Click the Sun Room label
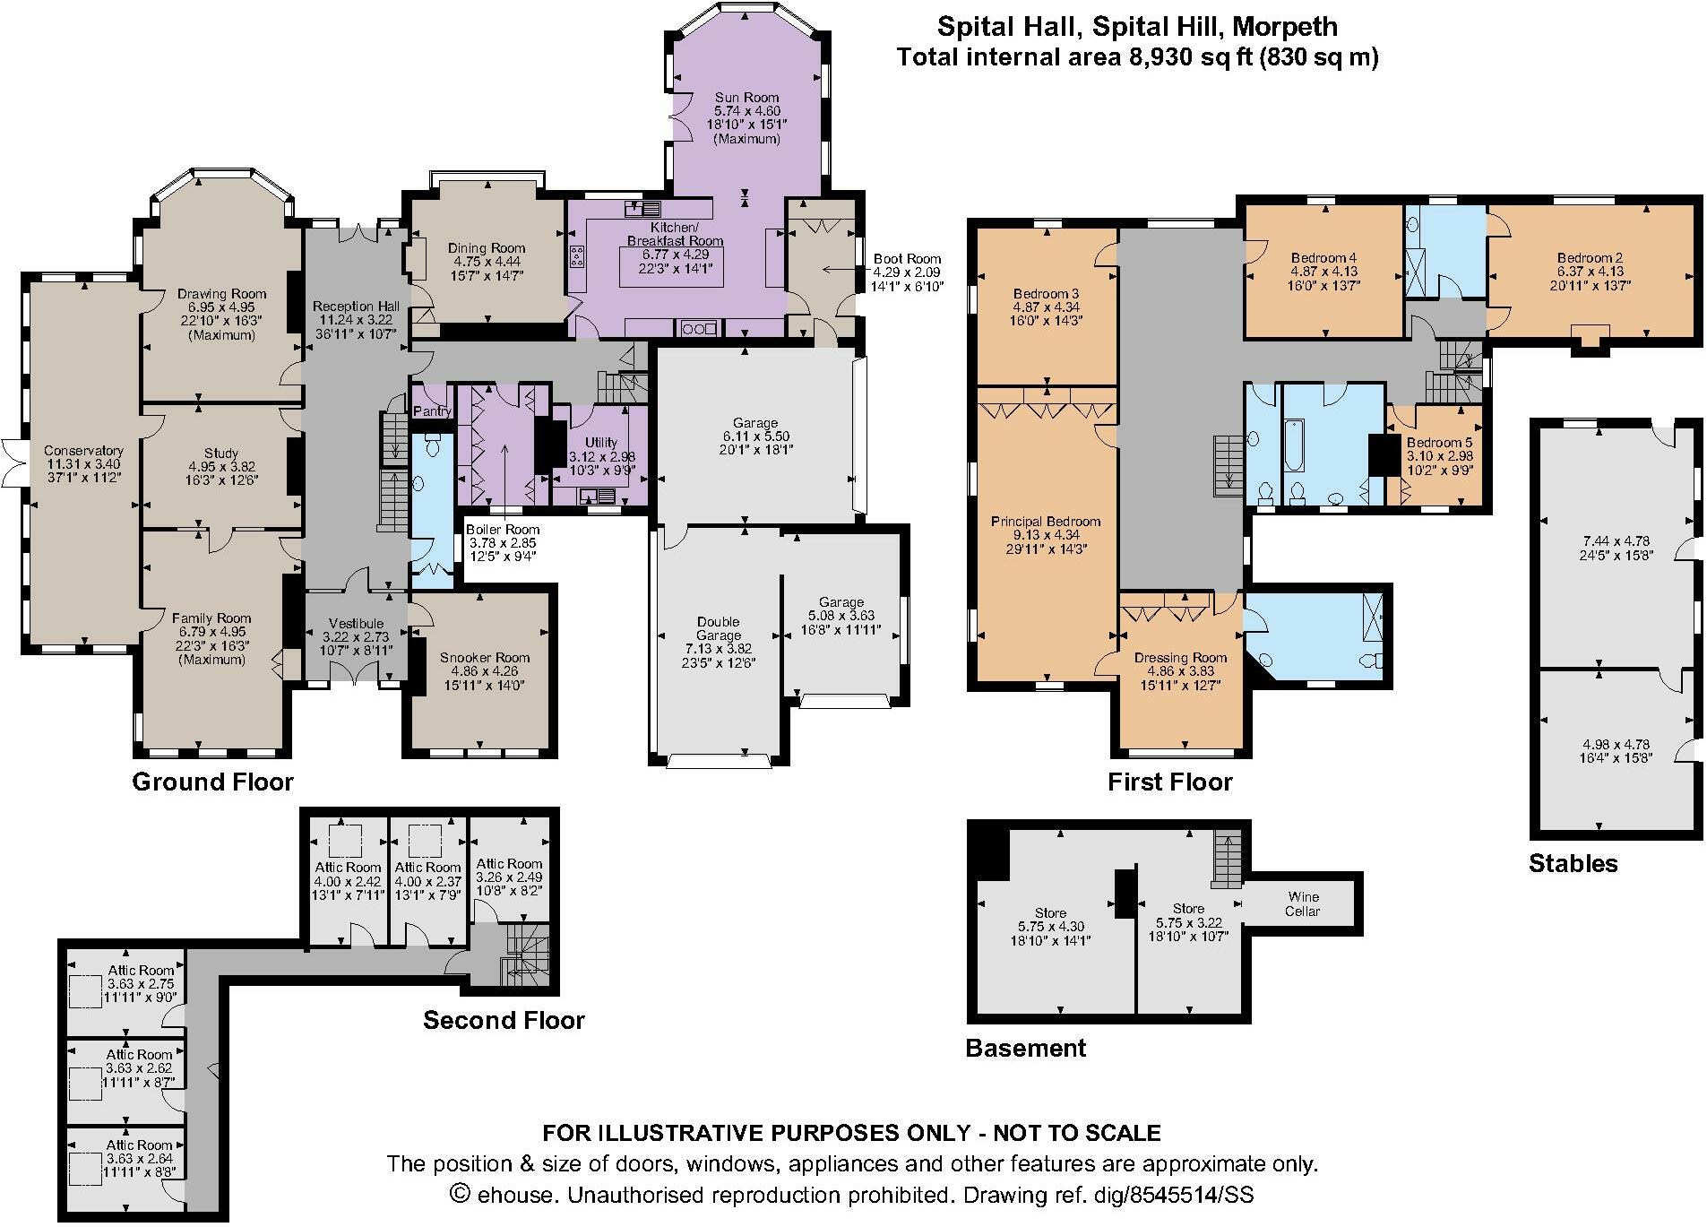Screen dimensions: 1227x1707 [746, 98]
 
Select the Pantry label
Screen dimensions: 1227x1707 [433, 411]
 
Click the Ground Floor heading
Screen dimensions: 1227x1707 [212, 782]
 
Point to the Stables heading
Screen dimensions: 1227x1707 [1573, 863]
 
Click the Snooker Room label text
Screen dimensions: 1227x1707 [484, 658]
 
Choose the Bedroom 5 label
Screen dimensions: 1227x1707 [1439, 443]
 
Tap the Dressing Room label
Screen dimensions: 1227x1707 [1180, 658]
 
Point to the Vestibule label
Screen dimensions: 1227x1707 [356, 624]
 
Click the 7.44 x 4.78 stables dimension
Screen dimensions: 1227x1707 [1616, 541]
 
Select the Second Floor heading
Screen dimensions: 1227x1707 [504, 1020]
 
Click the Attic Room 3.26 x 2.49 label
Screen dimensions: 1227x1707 [508, 864]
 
